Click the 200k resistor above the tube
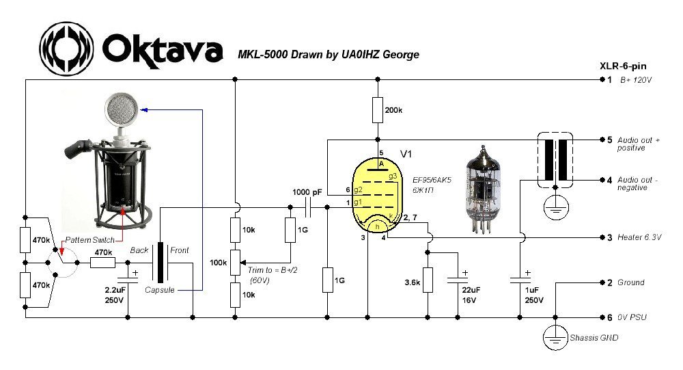click(376, 109)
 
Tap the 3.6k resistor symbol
click(428, 280)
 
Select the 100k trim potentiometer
click(234, 261)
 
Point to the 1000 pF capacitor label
click(307, 192)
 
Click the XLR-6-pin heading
click(623, 66)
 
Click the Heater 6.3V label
click(640, 237)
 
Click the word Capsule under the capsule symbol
click(161, 290)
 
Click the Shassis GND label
click(595, 339)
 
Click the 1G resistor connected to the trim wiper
click(290, 230)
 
